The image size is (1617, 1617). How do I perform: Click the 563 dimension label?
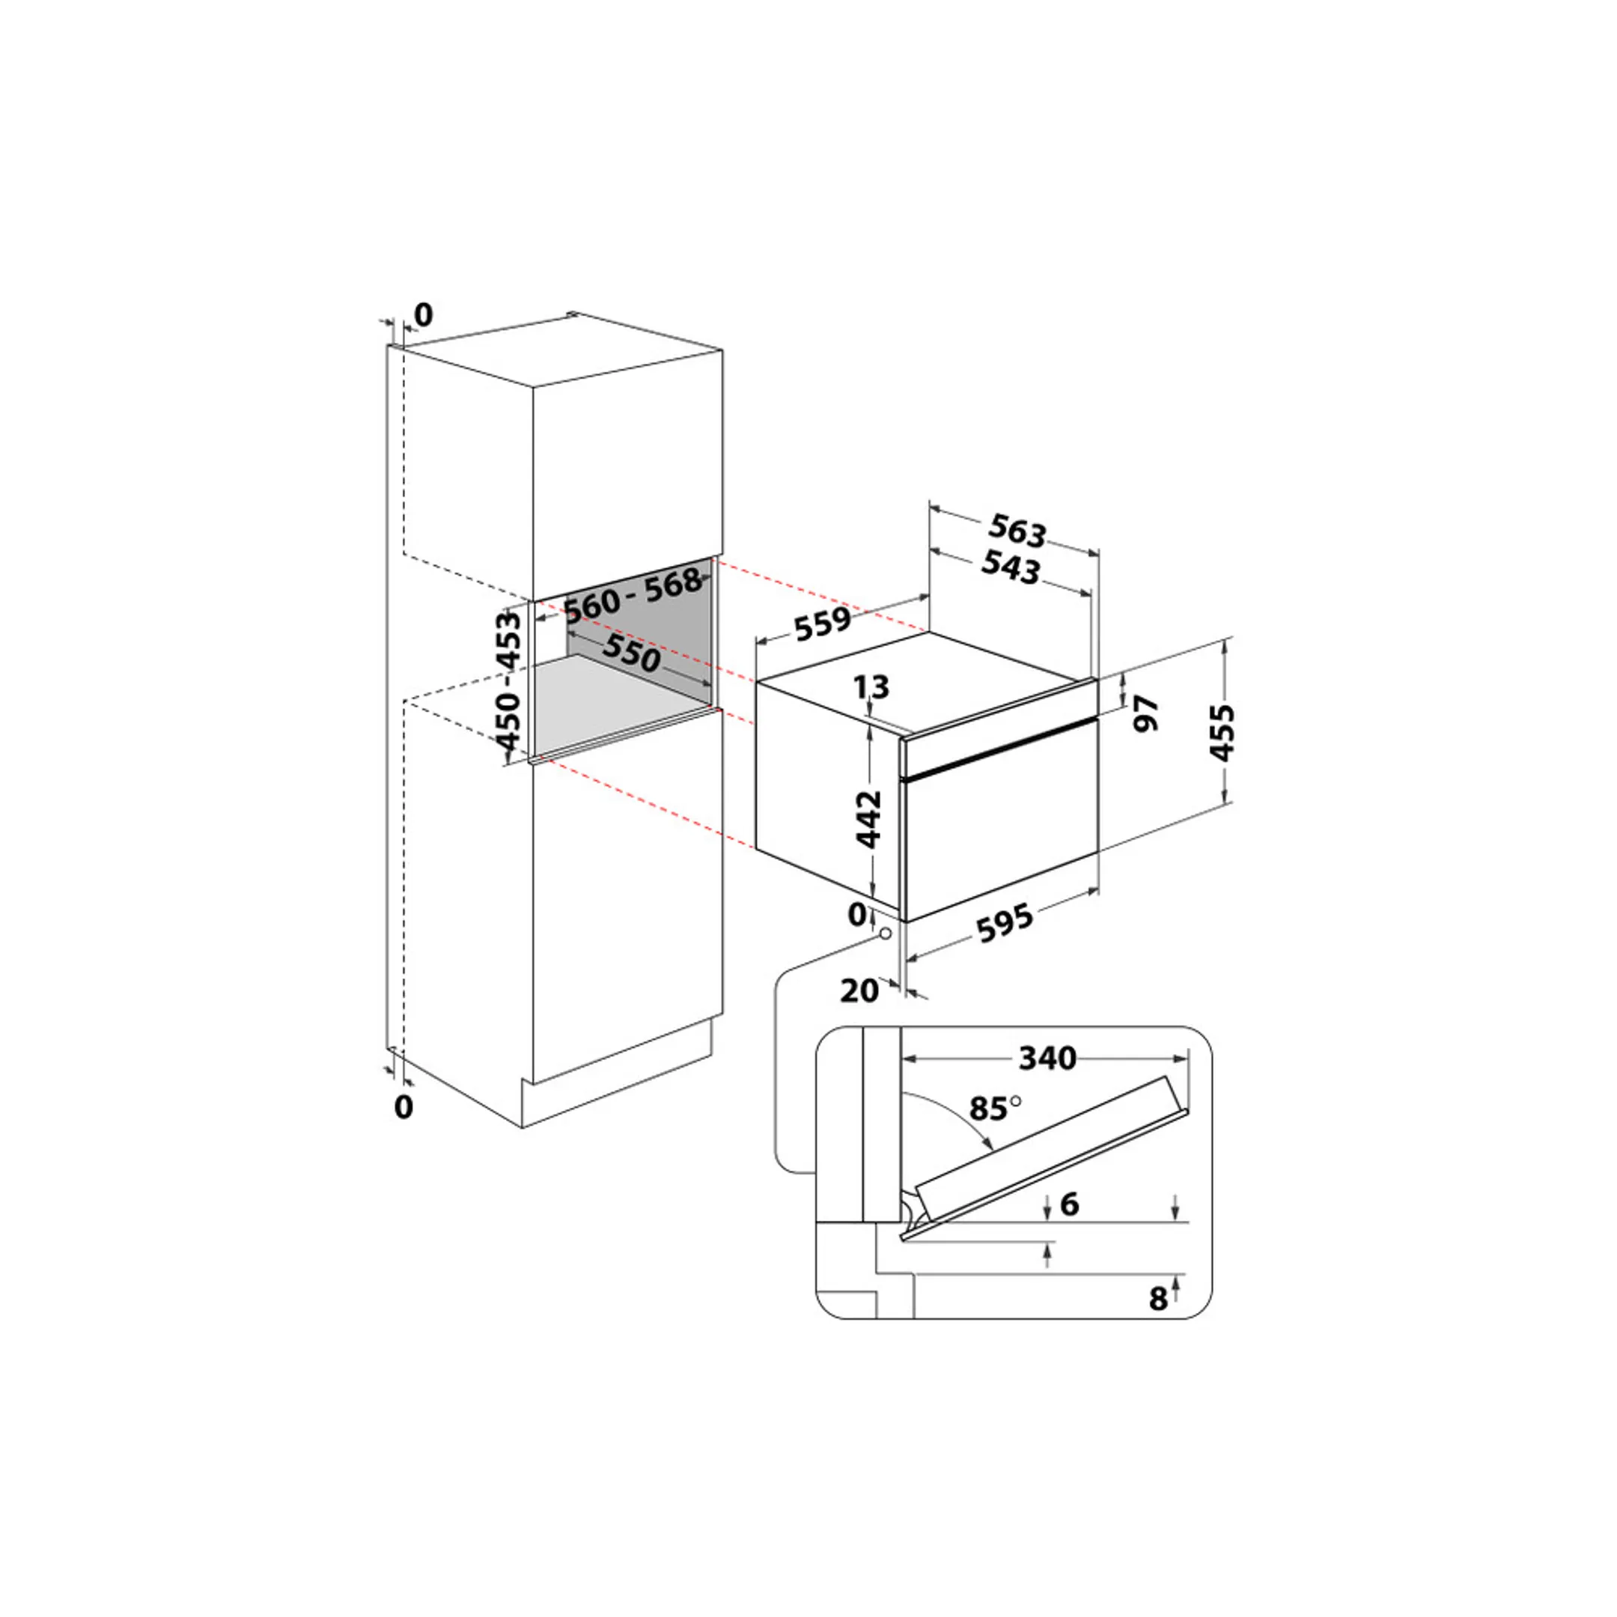point(1017,531)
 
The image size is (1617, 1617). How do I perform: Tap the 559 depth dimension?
point(823,623)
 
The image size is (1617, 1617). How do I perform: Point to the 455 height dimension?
point(1222,732)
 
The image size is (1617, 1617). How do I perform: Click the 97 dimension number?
point(1146,713)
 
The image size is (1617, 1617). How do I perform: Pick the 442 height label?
point(870,818)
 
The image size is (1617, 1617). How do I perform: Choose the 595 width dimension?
point(1005,923)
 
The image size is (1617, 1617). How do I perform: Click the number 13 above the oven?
point(871,687)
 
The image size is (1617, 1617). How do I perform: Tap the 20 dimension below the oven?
point(859,991)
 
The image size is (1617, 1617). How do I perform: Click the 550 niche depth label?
point(632,653)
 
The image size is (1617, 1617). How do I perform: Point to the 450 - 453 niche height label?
point(508,680)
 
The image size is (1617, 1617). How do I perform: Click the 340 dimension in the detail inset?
point(1047,1059)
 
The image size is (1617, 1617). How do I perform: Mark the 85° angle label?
point(994,1109)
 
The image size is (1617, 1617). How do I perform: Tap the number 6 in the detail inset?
point(1069,1205)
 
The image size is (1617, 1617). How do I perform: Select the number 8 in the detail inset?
point(1157,1298)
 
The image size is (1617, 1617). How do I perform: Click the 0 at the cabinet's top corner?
point(424,315)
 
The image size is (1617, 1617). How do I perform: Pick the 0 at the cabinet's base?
point(404,1107)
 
